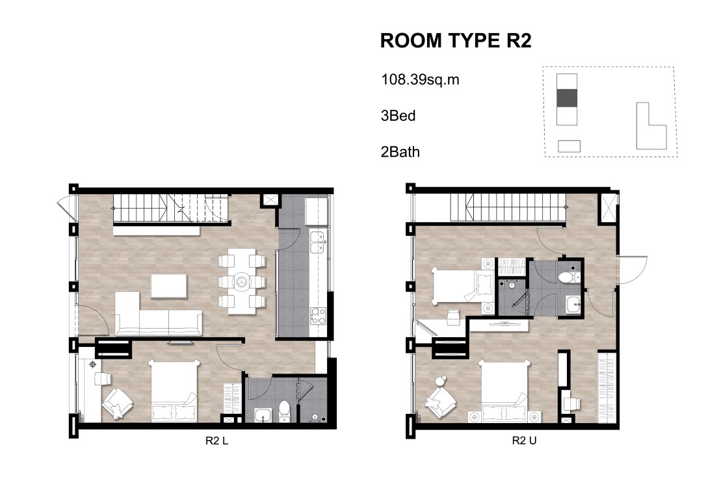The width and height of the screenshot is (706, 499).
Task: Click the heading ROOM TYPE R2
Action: tap(456, 40)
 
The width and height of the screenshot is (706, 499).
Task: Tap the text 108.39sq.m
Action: tap(420, 80)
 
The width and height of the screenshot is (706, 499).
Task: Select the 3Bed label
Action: tap(398, 116)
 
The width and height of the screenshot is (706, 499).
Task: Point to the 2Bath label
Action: tap(400, 152)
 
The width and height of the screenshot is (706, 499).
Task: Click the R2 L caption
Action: tap(216, 441)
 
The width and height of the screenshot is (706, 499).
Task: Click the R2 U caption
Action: tap(524, 441)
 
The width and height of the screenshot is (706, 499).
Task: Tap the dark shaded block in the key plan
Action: tap(567, 98)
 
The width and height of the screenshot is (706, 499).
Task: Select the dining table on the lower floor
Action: tap(242, 281)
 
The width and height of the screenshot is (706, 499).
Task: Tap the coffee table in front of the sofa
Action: tap(168, 286)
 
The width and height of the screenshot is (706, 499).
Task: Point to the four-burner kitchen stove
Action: tap(318, 315)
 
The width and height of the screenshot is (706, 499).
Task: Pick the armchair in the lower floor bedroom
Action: tap(117, 403)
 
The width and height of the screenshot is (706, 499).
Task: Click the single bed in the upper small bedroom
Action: tap(456, 286)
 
